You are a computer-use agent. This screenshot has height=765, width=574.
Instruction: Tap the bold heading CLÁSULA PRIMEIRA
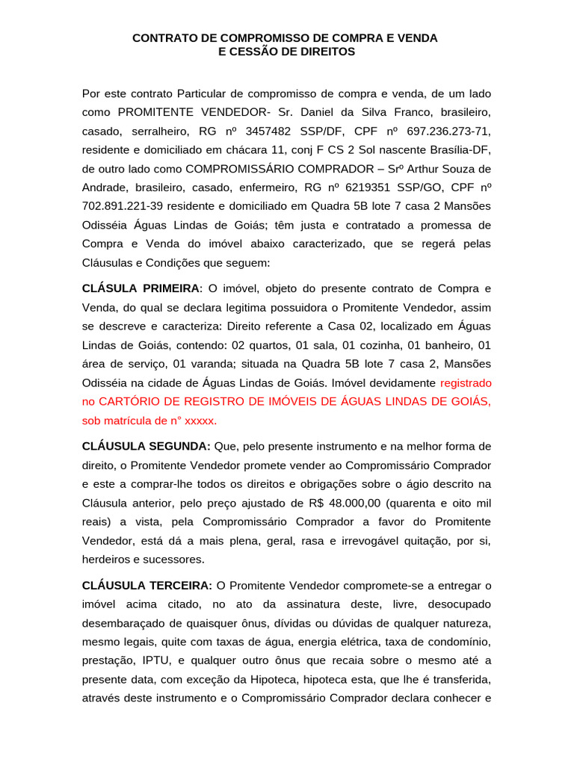pyautogui.click(x=141, y=288)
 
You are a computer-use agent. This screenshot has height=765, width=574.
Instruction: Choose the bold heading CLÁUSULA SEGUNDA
pyautogui.click(x=146, y=446)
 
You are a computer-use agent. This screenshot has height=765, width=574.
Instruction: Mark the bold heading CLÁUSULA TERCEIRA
pyautogui.click(x=147, y=586)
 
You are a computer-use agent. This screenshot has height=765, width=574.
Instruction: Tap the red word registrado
pyautogui.click(x=466, y=382)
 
